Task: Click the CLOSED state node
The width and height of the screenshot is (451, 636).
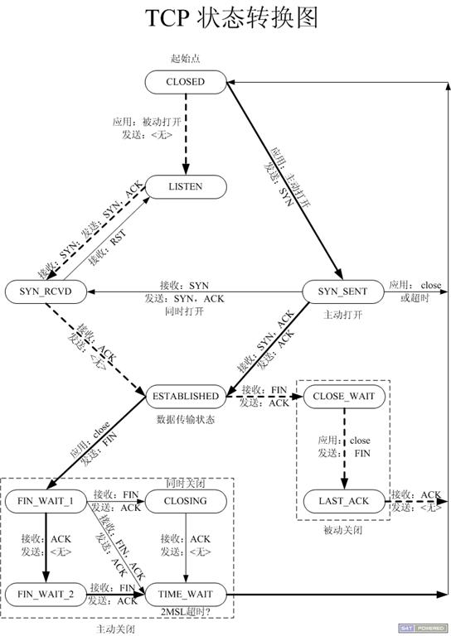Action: tap(185, 81)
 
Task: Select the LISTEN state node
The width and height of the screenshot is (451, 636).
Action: tap(185, 187)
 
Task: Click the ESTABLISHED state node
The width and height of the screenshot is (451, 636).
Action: tap(185, 396)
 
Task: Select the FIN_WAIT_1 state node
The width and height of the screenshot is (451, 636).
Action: tap(46, 502)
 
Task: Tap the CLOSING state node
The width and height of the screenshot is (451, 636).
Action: tap(185, 502)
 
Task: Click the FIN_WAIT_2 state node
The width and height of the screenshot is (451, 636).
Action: tap(46, 593)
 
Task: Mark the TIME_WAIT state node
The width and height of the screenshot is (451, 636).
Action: tap(185, 593)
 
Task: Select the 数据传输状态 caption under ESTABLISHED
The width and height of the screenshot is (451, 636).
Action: tap(185, 420)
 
